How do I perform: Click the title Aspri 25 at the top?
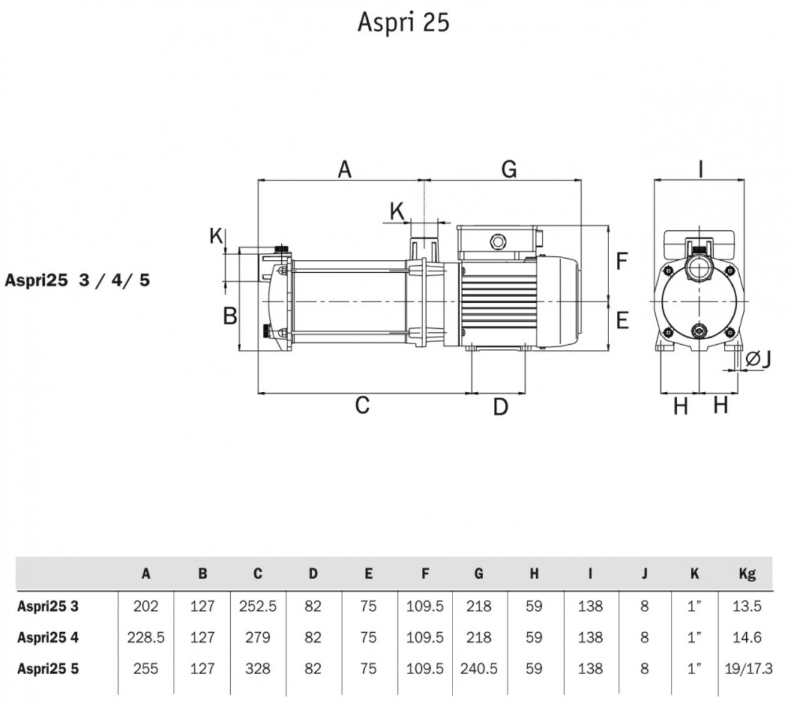tap(403, 22)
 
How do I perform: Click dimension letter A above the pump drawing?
tap(344, 169)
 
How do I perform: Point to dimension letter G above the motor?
tap(509, 169)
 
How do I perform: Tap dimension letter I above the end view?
tap(700, 169)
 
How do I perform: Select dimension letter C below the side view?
tap(363, 405)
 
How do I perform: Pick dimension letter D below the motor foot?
tap(500, 407)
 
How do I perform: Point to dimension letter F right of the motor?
tap(622, 261)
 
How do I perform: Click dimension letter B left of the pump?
tap(230, 316)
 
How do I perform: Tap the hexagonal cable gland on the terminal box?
tap(498, 242)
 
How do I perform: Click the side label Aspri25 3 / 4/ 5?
tap(77, 280)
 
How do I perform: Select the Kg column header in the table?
tap(747, 573)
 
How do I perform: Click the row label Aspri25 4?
tap(48, 637)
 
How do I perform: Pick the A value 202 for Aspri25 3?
tap(145, 606)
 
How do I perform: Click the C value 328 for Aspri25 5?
tap(258, 669)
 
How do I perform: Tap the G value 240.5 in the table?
tap(478, 669)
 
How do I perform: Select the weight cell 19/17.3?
tap(749, 669)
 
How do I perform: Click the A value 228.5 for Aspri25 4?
tap(145, 637)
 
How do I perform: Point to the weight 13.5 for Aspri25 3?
tap(747, 606)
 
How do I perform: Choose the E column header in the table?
tap(368, 573)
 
